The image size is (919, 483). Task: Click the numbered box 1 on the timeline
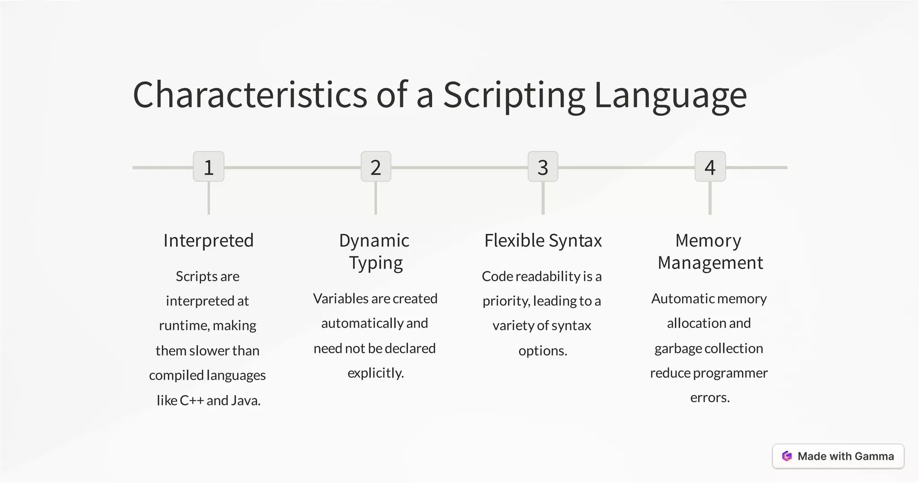click(209, 167)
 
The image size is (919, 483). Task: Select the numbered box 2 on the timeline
click(376, 167)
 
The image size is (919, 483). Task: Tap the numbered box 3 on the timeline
click(543, 167)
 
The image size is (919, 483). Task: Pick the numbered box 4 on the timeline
click(710, 167)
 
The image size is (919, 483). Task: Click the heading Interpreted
click(209, 241)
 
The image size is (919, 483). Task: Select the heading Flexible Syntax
click(543, 241)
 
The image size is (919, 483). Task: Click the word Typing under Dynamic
click(376, 263)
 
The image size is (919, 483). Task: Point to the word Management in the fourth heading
click(710, 263)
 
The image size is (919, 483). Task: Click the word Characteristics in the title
click(250, 95)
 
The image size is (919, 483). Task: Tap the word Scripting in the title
click(514, 96)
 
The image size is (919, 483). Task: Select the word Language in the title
click(670, 96)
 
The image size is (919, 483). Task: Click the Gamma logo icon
click(787, 456)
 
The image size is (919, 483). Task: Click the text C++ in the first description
click(192, 400)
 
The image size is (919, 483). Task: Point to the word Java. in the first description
click(245, 400)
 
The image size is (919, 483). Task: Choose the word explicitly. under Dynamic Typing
click(376, 373)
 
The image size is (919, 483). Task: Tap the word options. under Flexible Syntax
click(543, 351)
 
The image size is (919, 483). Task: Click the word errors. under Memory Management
click(710, 398)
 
